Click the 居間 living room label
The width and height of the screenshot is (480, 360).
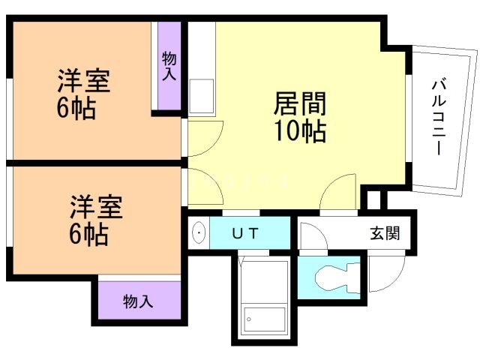[x=300, y=103]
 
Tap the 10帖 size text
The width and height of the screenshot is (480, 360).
[x=300, y=131]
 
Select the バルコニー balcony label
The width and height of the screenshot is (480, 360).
[x=439, y=117]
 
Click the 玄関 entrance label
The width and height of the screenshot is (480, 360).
[x=385, y=233]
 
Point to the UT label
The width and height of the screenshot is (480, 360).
[x=245, y=234]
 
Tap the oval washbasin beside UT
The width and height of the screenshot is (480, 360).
[x=198, y=233]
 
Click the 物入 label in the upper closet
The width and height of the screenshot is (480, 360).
[x=169, y=66]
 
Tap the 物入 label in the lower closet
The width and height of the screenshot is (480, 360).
[x=138, y=301]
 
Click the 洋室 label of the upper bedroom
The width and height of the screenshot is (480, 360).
[x=83, y=81]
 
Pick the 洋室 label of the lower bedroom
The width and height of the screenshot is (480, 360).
[x=96, y=207]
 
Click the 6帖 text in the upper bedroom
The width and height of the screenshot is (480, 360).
[x=76, y=108]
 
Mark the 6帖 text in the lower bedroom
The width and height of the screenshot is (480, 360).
[x=88, y=235]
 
